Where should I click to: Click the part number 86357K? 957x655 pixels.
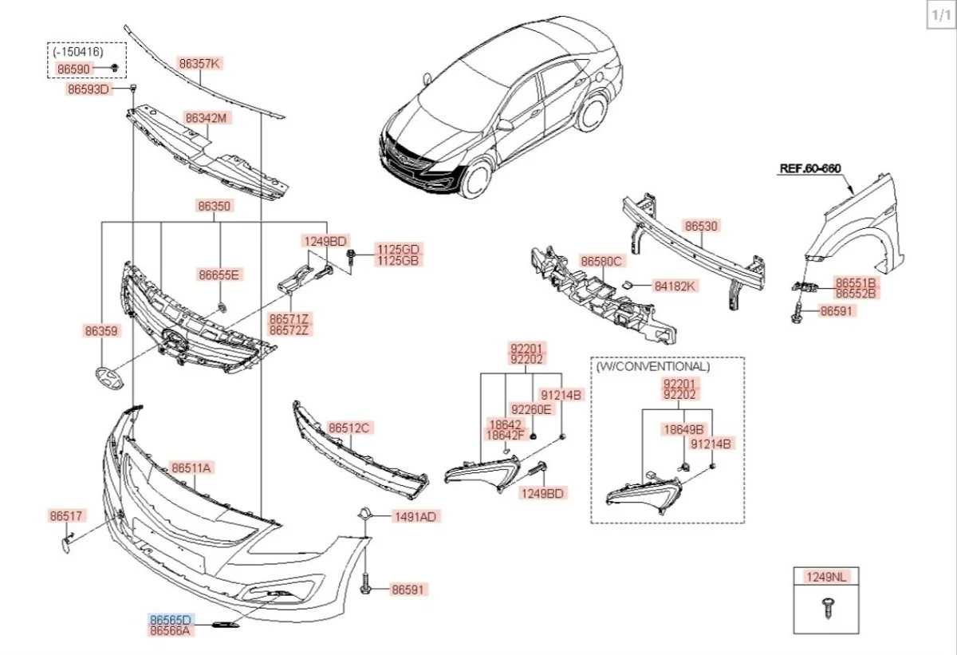click(199, 63)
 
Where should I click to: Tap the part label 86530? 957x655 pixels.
click(702, 227)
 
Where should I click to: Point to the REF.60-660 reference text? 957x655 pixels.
click(809, 168)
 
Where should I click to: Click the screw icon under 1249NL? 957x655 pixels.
click(825, 608)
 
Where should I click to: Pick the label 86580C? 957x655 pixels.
click(601, 262)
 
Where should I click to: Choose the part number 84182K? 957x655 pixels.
click(675, 285)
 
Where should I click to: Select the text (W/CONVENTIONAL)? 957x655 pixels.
click(652, 367)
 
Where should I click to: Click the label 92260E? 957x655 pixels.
click(531, 409)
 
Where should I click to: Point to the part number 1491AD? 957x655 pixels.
click(415, 516)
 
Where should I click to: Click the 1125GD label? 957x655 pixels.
click(398, 250)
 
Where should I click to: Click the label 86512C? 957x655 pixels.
click(349, 428)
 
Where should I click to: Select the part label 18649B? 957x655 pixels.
click(684, 428)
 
